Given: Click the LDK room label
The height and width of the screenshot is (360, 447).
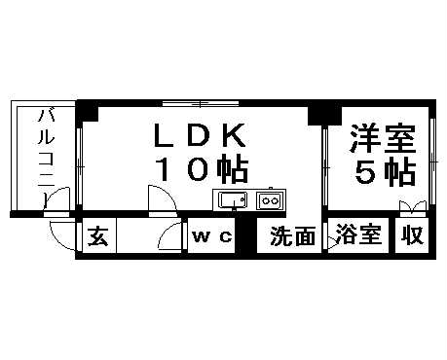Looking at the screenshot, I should (202, 135).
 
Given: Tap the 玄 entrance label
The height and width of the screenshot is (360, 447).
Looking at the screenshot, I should (97, 236).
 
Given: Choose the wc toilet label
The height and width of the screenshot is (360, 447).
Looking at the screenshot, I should (212, 237).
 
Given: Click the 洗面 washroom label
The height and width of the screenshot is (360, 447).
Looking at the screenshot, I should (292, 236).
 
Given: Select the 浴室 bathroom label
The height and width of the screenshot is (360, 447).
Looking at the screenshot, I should (357, 236).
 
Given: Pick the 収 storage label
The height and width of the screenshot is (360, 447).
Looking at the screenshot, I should (412, 236).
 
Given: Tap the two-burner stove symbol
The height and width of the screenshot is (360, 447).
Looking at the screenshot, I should (269, 201).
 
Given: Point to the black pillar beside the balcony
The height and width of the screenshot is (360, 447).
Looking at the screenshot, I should (88, 112).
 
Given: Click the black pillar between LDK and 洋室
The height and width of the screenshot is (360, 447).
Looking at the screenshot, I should (317, 113).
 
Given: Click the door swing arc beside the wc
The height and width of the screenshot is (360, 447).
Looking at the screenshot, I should (172, 236).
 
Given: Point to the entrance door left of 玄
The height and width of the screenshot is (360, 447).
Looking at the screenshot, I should (62, 235).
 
